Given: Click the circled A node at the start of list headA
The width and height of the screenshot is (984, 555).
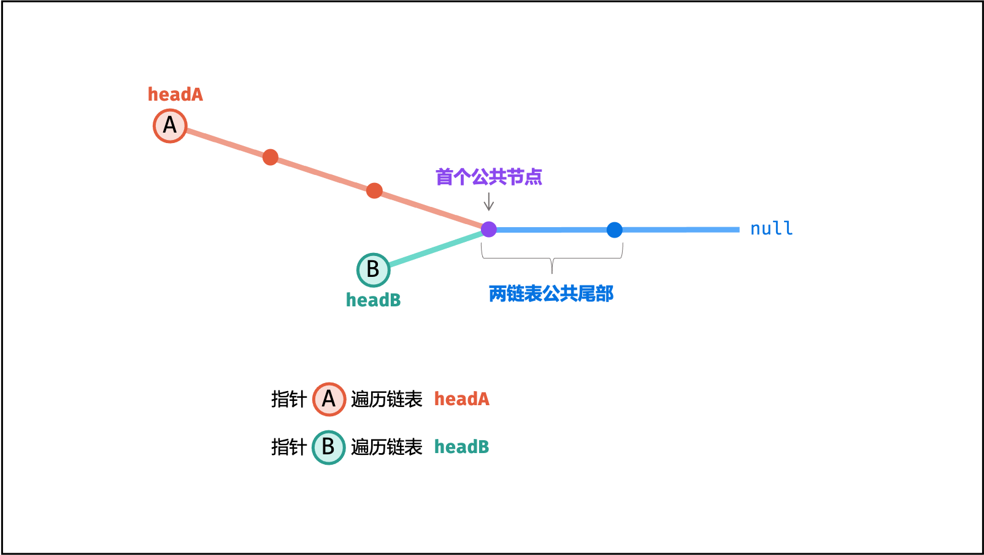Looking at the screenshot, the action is (170, 126).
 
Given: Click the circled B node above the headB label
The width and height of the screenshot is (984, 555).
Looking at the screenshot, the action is (374, 270).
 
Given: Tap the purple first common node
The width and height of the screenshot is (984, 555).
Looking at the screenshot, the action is (488, 229).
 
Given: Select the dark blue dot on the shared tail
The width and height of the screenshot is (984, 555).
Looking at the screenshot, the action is (615, 230).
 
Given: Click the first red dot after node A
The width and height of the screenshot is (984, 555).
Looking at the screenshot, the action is (270, 157).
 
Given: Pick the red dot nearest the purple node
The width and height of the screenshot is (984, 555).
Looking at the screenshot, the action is (374, 191).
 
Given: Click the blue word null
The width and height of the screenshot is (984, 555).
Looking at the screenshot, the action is (771, 228).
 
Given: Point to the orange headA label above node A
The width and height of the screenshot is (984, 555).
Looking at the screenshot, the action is (175, 95).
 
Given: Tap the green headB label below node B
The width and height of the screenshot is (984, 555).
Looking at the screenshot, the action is (374, 300).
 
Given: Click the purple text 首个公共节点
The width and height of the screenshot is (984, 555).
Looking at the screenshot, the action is (488, 177).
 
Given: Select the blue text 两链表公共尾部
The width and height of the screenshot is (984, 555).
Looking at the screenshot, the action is (551, 294).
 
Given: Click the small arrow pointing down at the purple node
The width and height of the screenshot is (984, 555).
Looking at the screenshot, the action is (488, 201).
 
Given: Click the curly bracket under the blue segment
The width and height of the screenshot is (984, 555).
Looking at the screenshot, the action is (552, 258).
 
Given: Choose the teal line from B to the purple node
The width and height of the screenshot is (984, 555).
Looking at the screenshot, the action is (437, 249).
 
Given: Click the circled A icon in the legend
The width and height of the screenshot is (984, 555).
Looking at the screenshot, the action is (329, 399).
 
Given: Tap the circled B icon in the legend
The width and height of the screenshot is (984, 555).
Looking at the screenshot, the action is (329, 448).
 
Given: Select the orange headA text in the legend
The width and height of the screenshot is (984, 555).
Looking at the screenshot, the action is (462, 399).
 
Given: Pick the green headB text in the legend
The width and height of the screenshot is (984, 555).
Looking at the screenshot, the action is (462, 447).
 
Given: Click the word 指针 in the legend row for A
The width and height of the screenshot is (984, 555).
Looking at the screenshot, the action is (288, 399).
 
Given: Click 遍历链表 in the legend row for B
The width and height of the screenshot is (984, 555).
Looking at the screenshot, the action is (386, 448).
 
